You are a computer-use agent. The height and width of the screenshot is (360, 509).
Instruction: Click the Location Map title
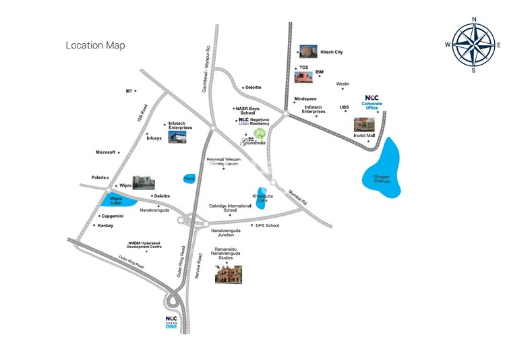[x=95, y=45]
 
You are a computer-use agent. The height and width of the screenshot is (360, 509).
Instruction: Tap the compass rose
[x=473, y=44]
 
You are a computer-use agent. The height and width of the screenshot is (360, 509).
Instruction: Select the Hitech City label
[x=332, y=52]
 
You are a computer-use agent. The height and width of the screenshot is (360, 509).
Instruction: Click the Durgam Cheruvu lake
[x=382, y=170]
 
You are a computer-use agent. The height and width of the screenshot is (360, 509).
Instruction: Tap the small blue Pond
[x=189, y=179]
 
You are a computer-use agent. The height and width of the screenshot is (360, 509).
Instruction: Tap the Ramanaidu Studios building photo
[x=229, y=273]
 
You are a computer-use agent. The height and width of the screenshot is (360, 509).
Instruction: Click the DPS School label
[x=267, y=226]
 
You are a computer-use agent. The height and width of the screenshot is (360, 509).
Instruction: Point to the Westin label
[x=342, y=84]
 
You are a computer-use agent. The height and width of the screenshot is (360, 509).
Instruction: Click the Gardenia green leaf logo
[x=260, y=133]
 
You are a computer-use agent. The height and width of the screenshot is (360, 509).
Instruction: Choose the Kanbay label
[x=105, y=225]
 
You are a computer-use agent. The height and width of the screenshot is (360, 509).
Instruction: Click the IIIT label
[x=128, y=90]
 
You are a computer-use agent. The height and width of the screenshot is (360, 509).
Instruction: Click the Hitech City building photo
[x=308, y=52]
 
